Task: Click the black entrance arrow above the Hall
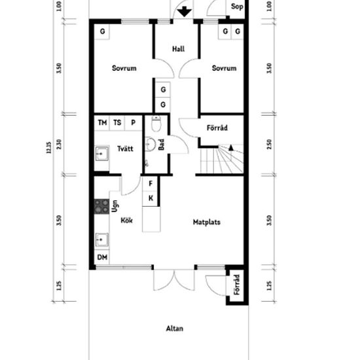(x=184, y=11)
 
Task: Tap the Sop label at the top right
(x=237, y=7)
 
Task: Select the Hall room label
(x=177, y=50)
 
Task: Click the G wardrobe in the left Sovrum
(x=103, y=31)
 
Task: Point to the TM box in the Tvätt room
(x=102, y=122)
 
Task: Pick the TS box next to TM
(x=118, y=122)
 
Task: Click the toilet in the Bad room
(x=156, y=124)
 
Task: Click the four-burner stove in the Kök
(x=101, y=207)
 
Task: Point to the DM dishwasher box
(x=102, y=257)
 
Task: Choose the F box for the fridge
(x=151, y=185)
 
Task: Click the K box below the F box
(x=151, y=198)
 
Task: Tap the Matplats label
(x=206, y=223)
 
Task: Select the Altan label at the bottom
(x=174, y=329)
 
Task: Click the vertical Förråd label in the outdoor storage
(x=236, y=285)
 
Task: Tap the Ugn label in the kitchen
(x=115, y=207)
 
